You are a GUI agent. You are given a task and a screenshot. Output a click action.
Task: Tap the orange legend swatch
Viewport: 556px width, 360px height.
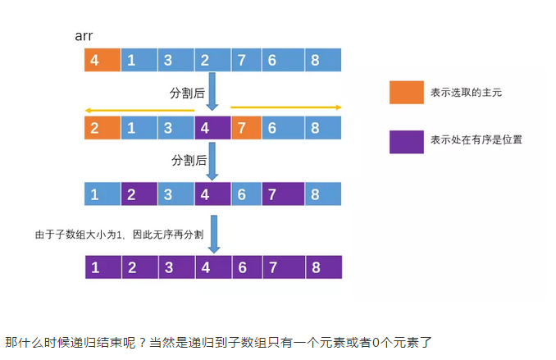click(405, 93)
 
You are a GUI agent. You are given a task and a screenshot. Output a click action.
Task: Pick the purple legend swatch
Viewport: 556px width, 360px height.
click(405, 141)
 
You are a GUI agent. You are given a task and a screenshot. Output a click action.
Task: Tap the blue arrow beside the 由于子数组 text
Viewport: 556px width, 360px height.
click(212, 233)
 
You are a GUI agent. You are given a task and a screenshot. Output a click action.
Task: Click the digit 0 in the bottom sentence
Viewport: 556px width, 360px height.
click(375, 341)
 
